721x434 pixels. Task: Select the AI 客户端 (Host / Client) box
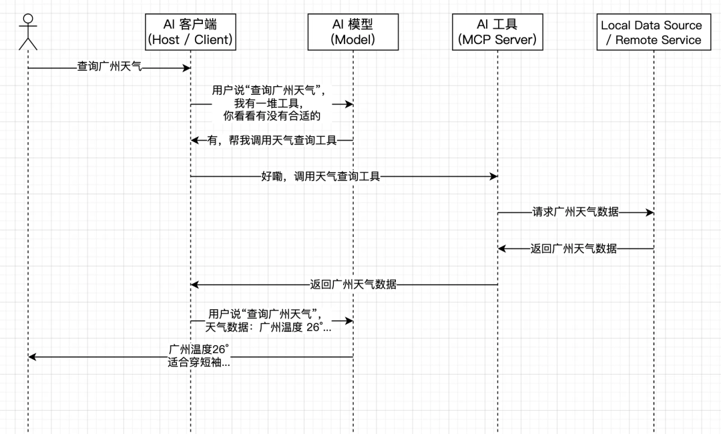point(190,32)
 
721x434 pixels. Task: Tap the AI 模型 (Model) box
point(352,32)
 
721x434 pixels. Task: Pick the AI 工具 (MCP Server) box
point(497,32)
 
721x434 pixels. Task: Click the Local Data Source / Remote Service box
point(652,32)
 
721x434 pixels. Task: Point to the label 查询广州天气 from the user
point(109,67)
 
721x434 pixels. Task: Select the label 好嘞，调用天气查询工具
point(320,176)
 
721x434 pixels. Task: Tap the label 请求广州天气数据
point(575,212)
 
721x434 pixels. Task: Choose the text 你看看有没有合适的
point(272,116)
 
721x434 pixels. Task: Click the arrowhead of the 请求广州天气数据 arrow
point(650,212)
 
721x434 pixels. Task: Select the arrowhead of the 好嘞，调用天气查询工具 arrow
point(493,176)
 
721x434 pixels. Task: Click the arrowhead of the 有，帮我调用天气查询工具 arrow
point(195,140)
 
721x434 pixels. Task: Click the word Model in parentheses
point(352,39)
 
